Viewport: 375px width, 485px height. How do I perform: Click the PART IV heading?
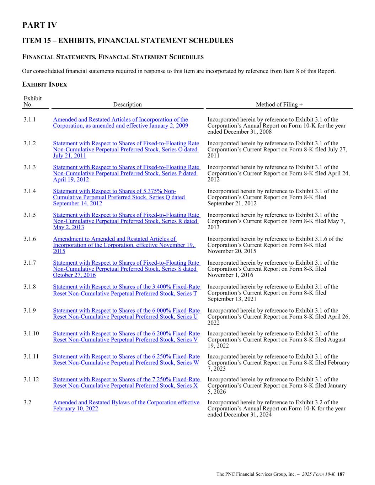[x=39, y=25]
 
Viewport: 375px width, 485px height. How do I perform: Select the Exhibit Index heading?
[x=44, y=85]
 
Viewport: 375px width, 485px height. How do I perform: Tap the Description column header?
[x=127, y=104]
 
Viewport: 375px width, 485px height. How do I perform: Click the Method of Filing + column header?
[x=279, y=104]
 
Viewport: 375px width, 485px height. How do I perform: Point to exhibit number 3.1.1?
[x=30, y=120]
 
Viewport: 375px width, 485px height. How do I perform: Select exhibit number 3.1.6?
[x=30, y=239]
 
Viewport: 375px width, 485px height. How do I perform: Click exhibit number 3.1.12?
[x=31, y=379]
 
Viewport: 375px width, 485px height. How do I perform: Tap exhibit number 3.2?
[x=27, y=403]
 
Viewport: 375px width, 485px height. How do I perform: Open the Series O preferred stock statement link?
[x=126, y=150]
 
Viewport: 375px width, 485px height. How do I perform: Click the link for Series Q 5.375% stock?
[x=119, y=197]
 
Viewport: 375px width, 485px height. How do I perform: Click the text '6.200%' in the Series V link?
[x=161, y=334]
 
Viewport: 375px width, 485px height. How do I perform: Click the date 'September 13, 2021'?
[x=232, y=299]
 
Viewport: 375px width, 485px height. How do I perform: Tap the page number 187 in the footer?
[x=341, y=474]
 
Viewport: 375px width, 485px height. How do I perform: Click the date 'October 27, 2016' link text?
[x=74, y=275]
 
